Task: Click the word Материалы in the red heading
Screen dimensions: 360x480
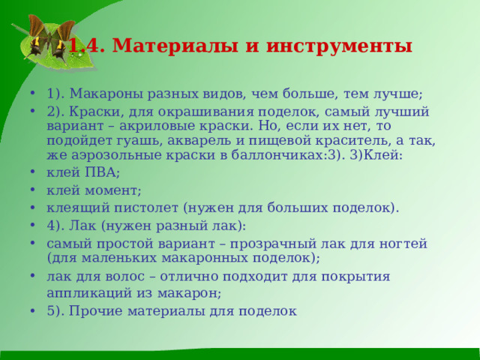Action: click(x=169, y=46)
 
